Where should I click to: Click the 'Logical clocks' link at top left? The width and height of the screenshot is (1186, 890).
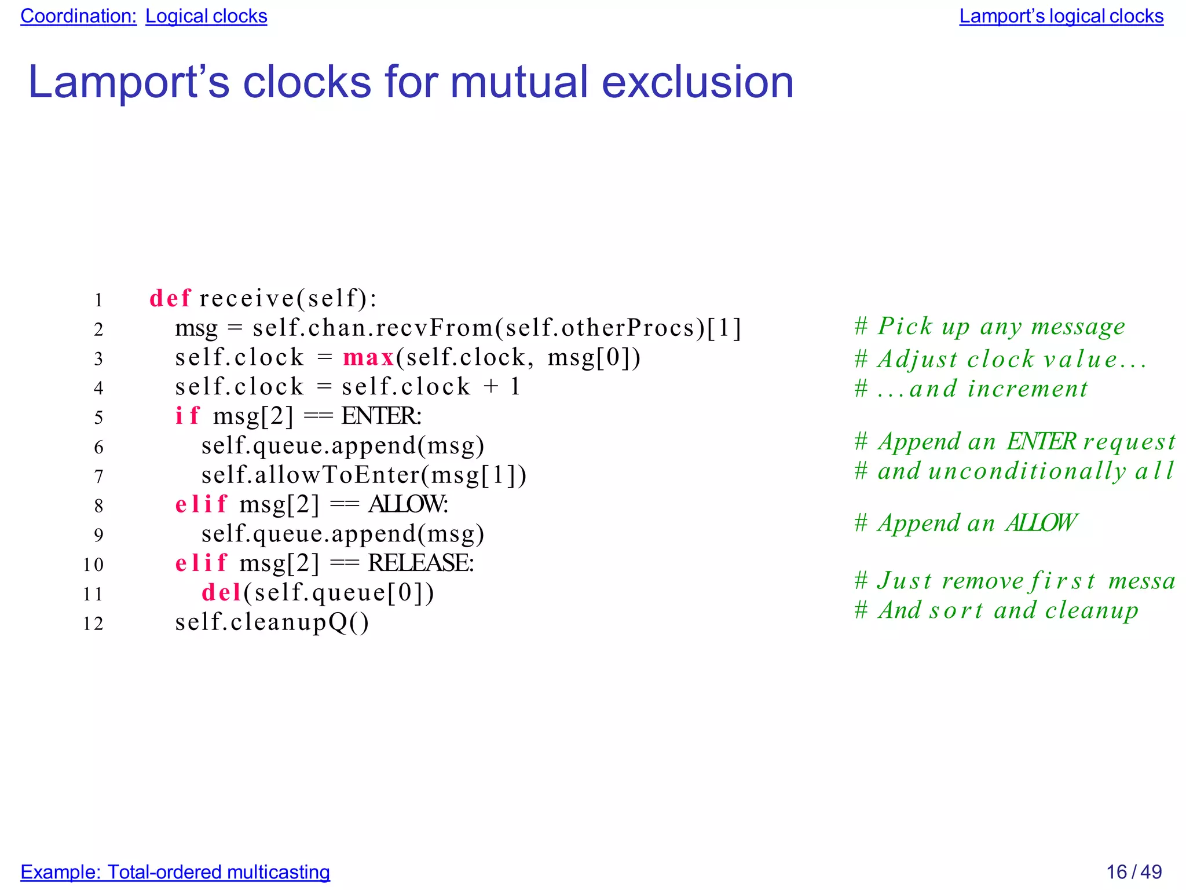[206, 16]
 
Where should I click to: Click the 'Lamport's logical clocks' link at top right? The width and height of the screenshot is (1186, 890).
[1061, 16]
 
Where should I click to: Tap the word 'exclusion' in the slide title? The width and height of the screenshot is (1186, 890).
[697, 82]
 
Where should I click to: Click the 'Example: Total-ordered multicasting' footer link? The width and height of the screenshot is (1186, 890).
[175, 871]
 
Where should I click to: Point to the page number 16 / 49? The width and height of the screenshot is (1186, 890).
[1133, 871]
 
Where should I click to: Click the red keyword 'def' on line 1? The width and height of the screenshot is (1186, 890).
[170, 299]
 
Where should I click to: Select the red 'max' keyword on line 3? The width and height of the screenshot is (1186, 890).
[368, 358]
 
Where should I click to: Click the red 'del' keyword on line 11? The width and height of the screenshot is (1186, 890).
[221, 593]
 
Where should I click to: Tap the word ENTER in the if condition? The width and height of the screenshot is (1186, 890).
[380, 416]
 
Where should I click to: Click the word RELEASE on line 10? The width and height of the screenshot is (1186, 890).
[420, 563]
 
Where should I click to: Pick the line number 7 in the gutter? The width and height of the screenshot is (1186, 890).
[98, 477]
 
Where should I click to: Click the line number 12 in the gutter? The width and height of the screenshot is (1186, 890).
[93, 624]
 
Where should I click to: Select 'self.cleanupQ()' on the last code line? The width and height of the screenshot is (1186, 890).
[272, 622]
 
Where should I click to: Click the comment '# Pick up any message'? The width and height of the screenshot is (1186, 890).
[989, 327]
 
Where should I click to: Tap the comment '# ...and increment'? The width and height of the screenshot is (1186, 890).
[971, 389]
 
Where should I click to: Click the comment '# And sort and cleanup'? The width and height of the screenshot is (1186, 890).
[996, 610]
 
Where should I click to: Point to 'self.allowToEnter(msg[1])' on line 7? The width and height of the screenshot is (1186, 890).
[364, 475]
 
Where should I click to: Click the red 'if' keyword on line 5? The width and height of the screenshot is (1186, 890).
[187, 416]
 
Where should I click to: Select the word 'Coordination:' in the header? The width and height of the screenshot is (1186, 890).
[79, 16]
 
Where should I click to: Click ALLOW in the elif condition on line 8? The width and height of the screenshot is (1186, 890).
[407, 504]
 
